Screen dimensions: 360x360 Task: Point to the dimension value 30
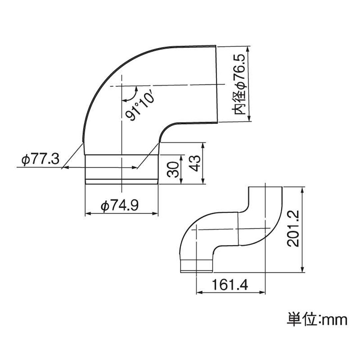click(173, 169)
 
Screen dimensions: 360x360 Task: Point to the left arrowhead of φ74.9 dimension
click(88, 214)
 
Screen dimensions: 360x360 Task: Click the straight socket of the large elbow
click(121, 168)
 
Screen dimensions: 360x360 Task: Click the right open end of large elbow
click(217, 84)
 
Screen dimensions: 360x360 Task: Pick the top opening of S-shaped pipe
click(265, 187)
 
